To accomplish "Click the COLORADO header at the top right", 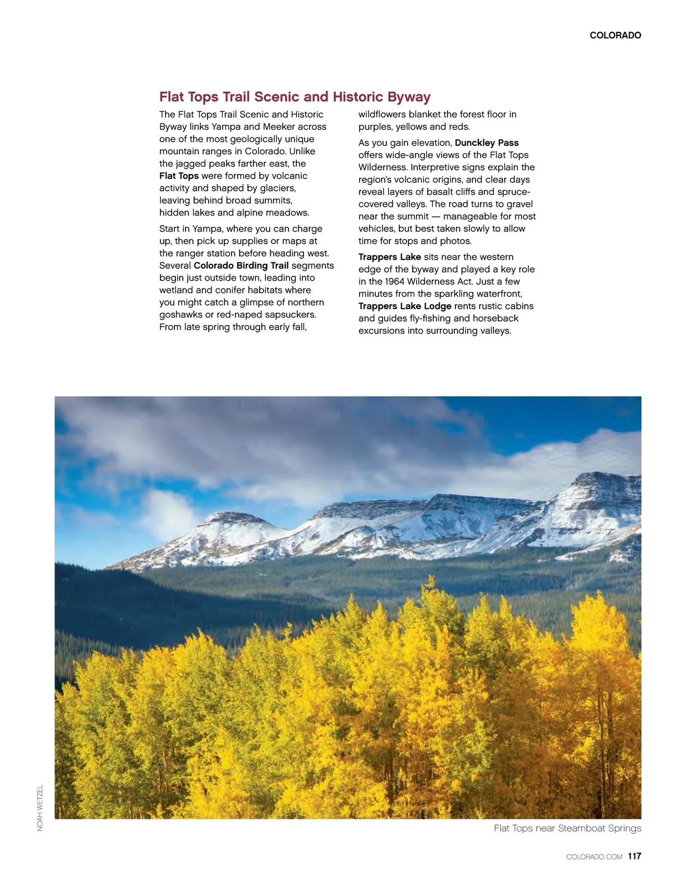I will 615,35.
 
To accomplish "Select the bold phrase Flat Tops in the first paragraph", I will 179,176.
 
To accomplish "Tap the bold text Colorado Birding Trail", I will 241,265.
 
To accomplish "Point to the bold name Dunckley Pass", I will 487,143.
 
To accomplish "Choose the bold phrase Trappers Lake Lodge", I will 405,306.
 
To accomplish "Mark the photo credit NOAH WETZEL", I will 40,808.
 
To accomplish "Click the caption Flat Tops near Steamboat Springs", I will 568,828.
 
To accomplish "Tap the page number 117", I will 634,856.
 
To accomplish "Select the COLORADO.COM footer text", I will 594,857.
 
